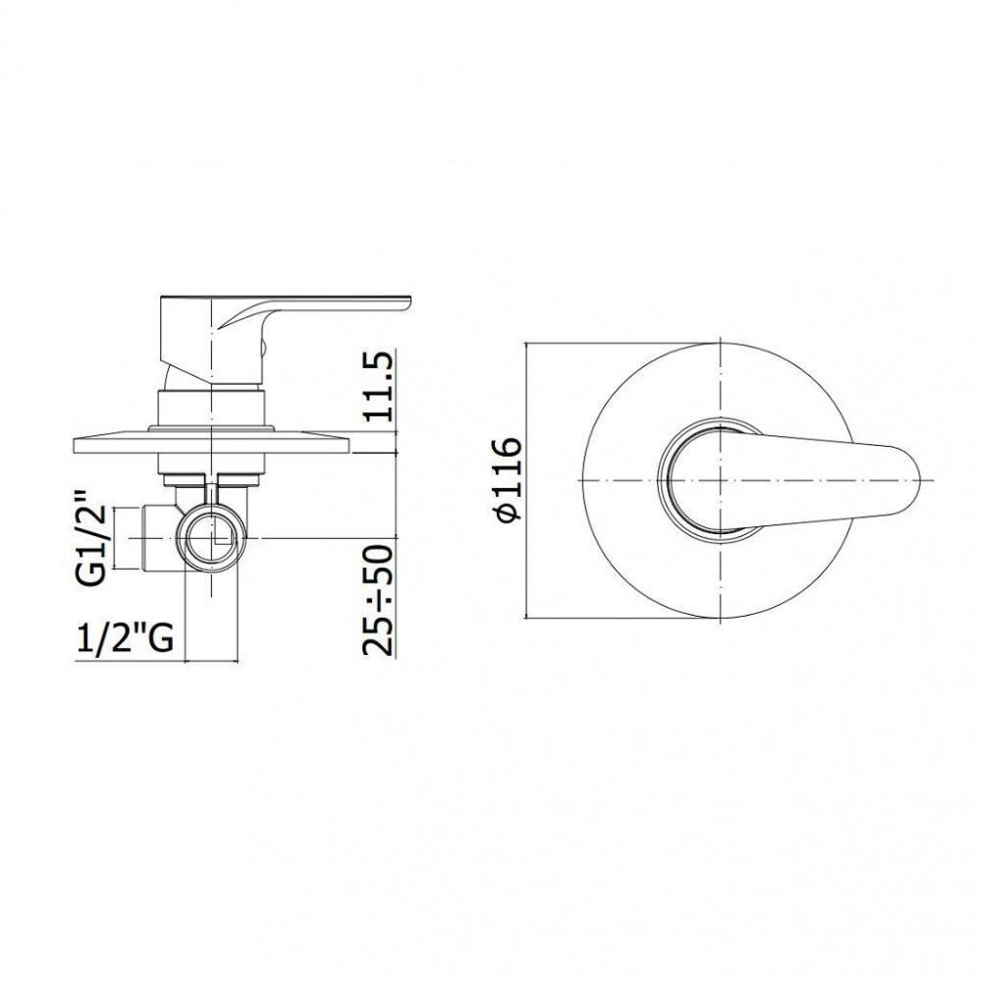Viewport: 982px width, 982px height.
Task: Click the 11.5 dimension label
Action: (378, 386)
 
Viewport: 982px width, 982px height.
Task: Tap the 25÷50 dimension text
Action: (378, 599)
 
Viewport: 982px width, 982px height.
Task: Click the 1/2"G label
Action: (125, 638)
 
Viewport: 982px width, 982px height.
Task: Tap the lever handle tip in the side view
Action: (409, 301)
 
